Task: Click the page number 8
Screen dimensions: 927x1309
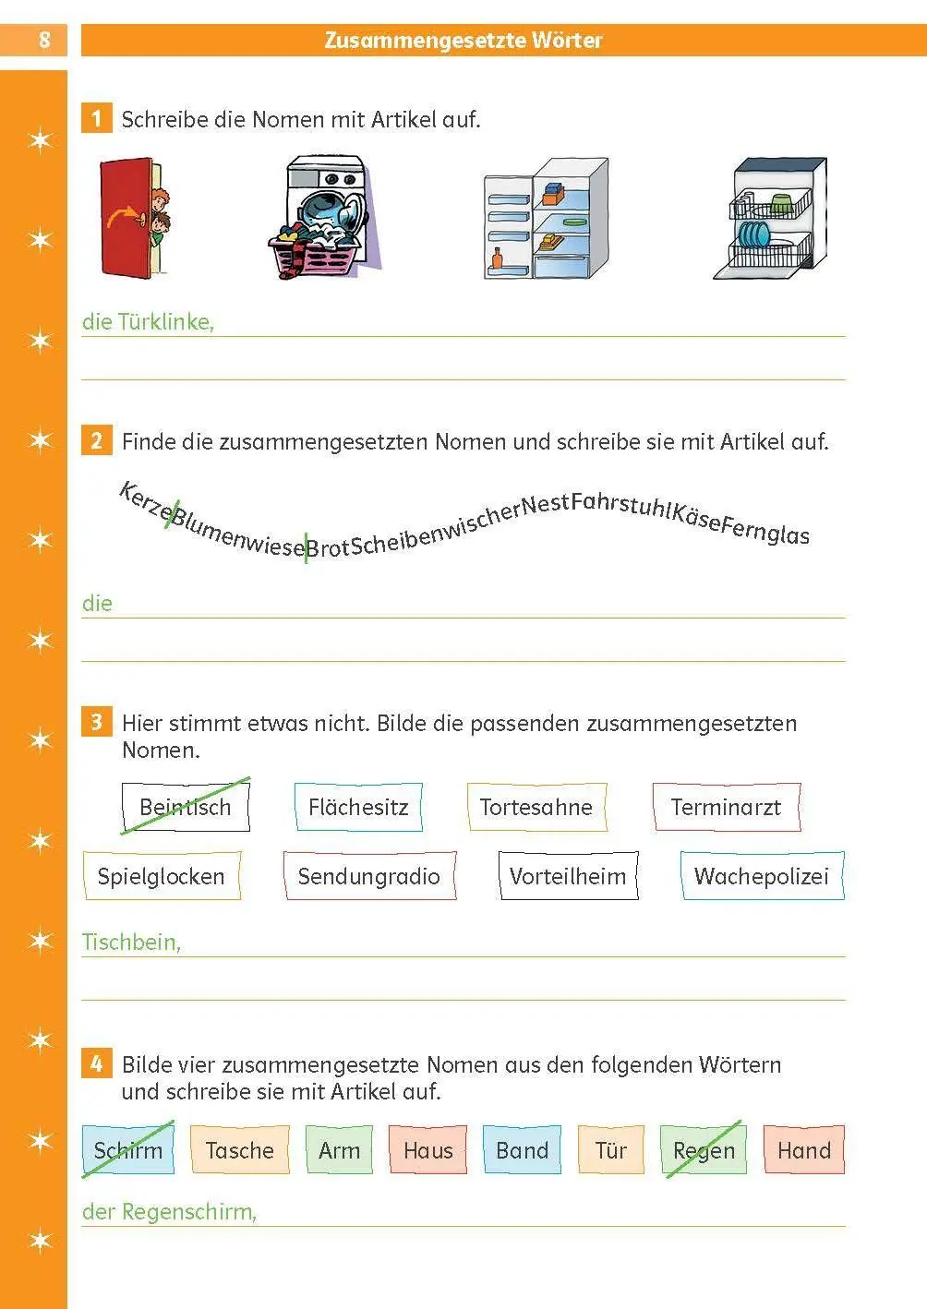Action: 44,40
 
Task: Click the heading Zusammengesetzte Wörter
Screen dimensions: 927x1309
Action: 463,41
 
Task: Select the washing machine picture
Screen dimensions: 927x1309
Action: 325,217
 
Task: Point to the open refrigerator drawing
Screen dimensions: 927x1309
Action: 546,218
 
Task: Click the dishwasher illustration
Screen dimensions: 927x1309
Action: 770,218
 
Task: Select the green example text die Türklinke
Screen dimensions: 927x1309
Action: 148,322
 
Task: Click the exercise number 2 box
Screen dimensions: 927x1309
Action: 96,440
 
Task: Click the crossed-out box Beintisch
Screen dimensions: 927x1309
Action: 186,807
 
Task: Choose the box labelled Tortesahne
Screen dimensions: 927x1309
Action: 536,807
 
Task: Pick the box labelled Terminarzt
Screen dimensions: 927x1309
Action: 726,807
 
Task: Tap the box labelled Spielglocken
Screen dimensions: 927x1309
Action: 162,875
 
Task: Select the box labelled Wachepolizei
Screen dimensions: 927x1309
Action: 762,875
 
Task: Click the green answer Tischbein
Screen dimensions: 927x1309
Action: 131,942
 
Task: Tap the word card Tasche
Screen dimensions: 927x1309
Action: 240,1150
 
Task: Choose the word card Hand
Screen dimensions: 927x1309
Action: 804,1150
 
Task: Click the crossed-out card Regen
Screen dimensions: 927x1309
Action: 704,1150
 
